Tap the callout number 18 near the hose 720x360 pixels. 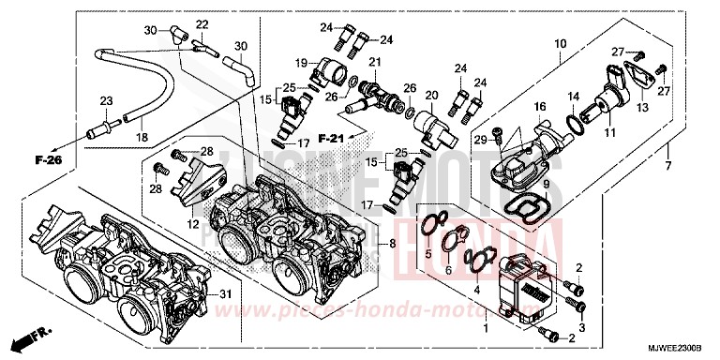click(142, 137)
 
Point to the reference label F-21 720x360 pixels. click(332, 138)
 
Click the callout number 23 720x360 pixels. click(106, 100)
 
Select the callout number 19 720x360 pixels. click(302, 63)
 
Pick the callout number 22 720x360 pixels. click(202, 23)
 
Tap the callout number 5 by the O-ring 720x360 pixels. click(428, 254)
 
